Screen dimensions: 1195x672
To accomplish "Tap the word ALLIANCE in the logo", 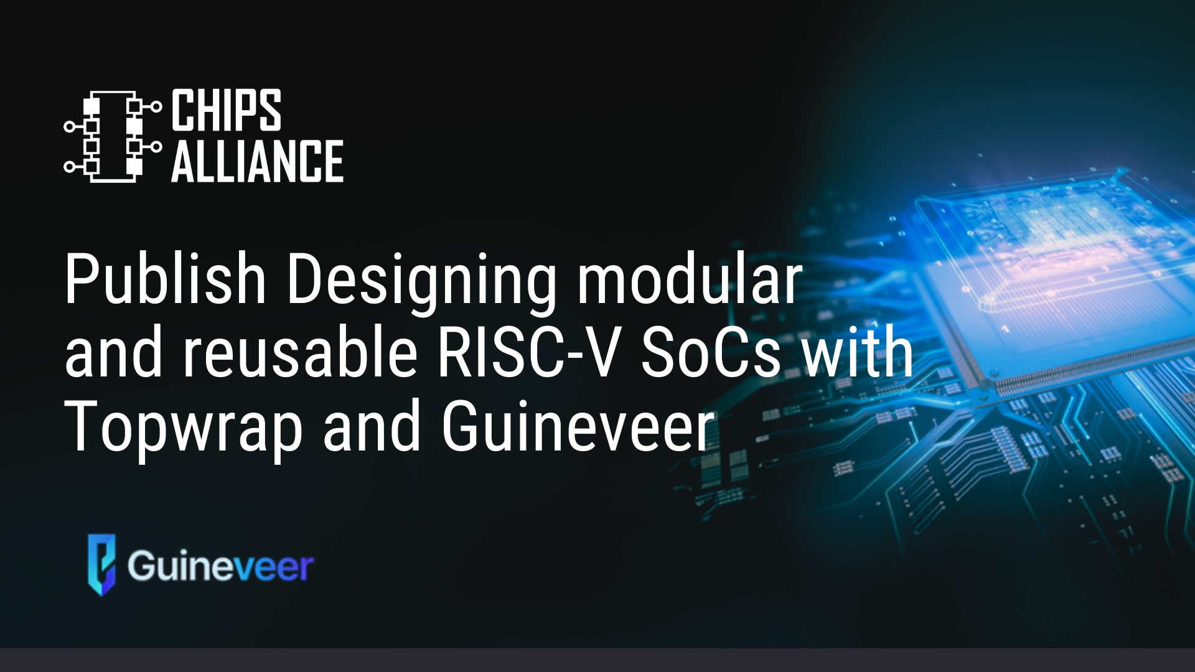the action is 257,161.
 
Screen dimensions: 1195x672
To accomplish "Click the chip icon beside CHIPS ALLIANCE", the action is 113,136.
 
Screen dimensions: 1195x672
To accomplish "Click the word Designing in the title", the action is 421,283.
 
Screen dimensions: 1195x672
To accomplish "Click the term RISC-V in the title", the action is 529,352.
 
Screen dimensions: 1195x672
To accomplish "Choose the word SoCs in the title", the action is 711,352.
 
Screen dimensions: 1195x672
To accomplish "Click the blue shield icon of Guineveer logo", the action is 101,564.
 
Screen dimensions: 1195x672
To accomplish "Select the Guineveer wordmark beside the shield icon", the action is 221,566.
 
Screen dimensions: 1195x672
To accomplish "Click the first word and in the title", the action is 113,352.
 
